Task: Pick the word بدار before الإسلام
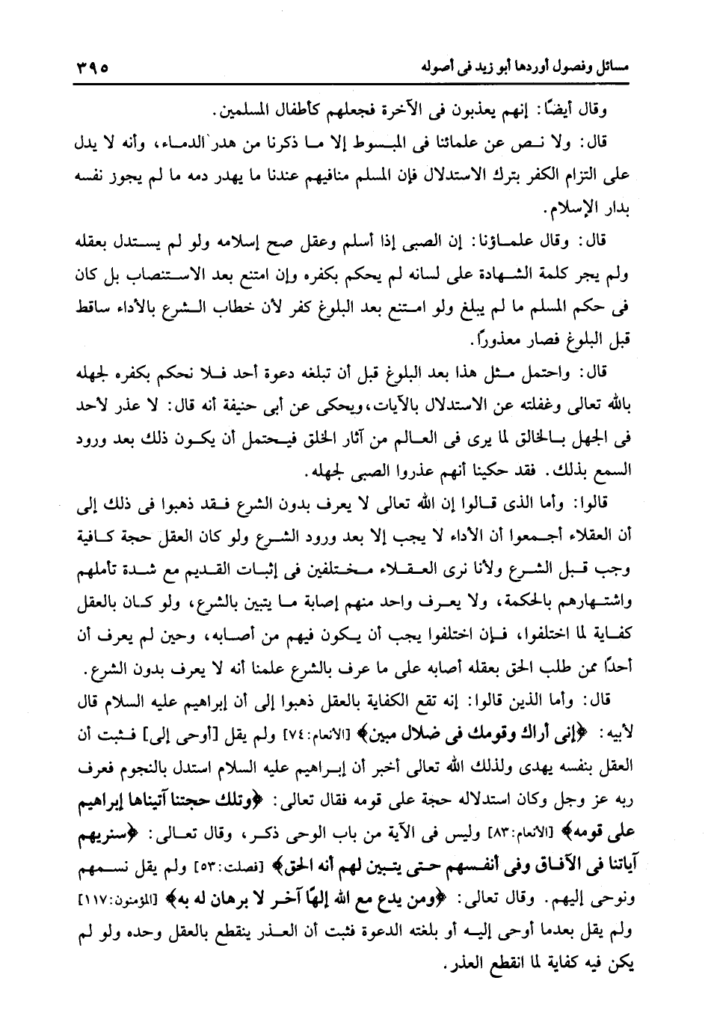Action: [616, 205]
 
